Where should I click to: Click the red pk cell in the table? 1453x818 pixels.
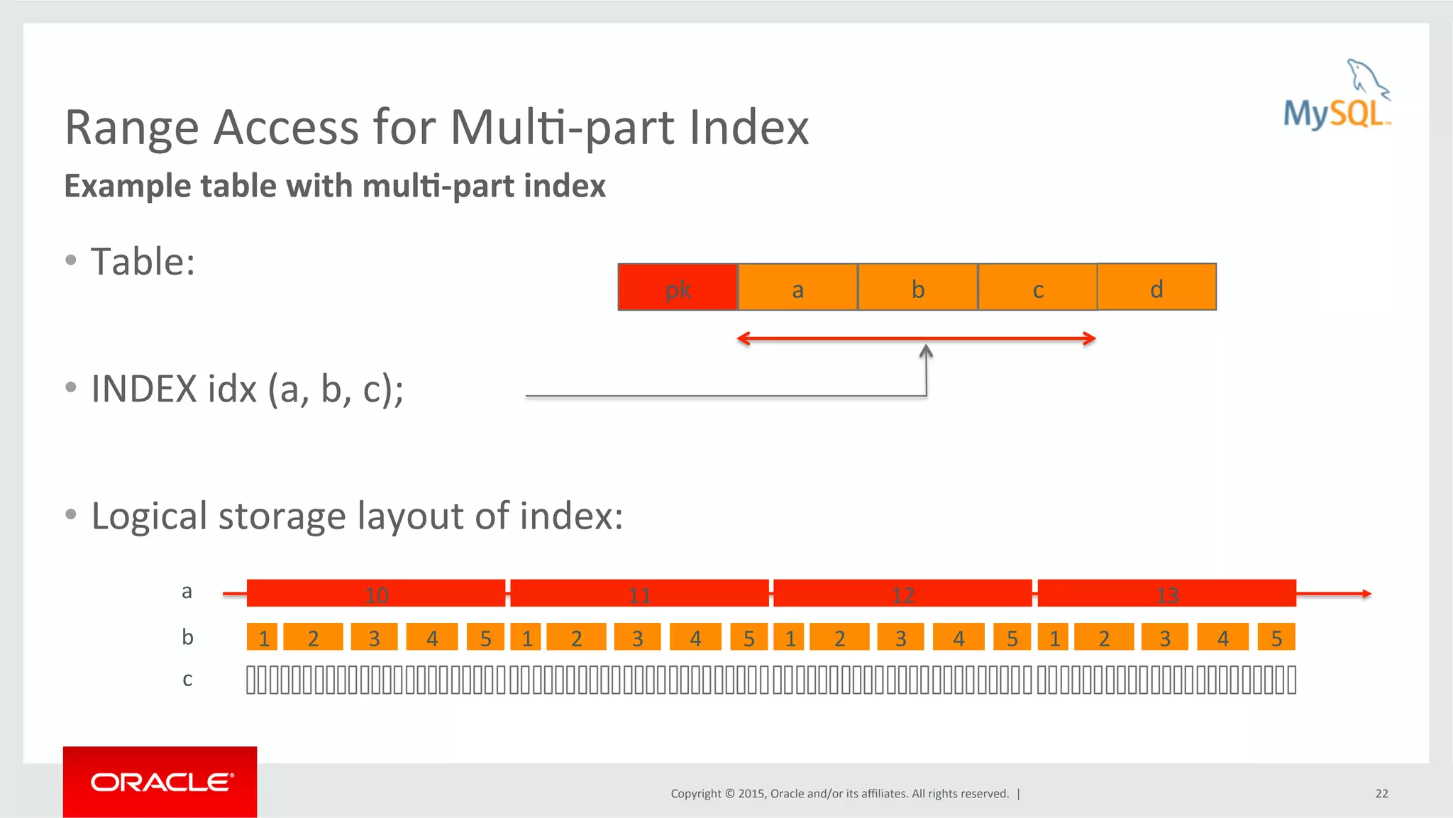678,287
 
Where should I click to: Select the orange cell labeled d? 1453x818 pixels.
1156,287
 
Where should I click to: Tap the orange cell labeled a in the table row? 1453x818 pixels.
797,287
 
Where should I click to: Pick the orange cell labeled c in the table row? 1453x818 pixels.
1037,287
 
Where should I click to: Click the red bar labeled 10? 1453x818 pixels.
376,593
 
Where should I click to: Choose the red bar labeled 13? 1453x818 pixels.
1166,593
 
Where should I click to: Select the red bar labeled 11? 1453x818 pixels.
639,593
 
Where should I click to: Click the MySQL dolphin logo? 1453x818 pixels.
1337,96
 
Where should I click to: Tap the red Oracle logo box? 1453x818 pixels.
160,782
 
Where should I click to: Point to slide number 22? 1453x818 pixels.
1381,793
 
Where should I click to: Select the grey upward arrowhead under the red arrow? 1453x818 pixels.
926,350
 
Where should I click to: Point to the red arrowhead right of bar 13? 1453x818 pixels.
1366,594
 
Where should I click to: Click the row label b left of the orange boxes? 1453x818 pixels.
187,637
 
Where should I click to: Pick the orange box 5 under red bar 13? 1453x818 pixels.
1276,637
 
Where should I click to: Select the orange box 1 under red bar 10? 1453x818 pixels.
263,637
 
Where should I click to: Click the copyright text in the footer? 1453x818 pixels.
839,793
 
